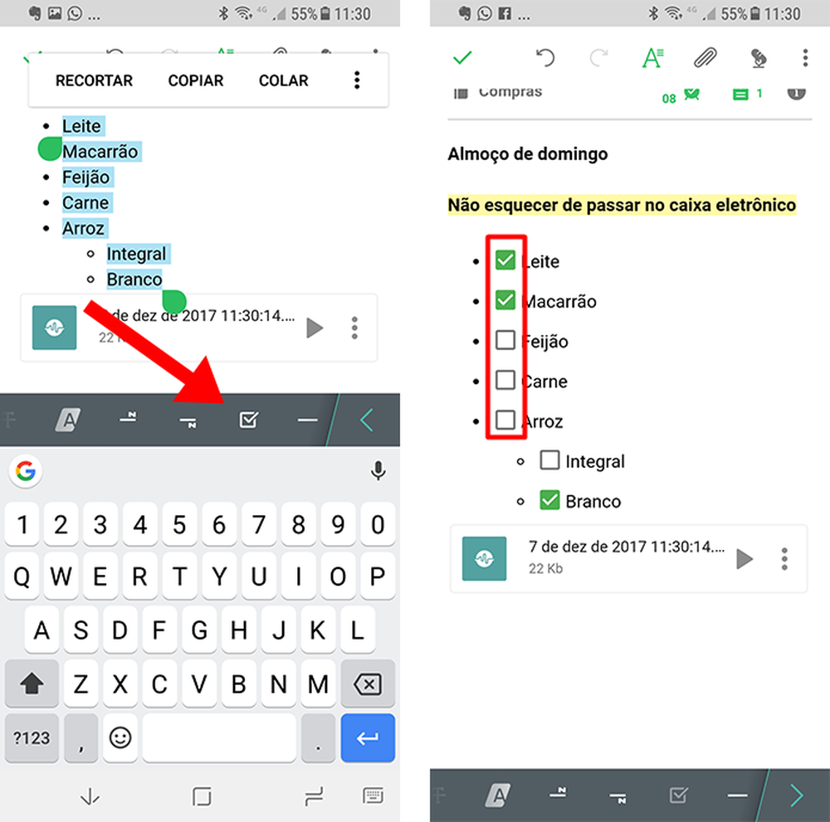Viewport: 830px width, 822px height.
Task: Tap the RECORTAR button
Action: click(94, 80)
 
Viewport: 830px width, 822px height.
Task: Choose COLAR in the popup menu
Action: click(283, 80)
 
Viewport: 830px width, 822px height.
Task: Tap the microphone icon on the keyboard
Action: click(378, 472)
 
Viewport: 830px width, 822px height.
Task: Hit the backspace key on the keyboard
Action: click(367, 684)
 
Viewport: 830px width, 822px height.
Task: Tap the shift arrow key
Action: click(32, 684)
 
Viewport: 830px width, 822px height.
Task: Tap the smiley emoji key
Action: click(121, 737)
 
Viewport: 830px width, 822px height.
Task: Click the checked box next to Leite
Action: click(505, 260)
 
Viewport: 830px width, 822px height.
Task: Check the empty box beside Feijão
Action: click(505, 341)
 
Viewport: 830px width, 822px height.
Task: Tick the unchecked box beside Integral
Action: click(549, 460)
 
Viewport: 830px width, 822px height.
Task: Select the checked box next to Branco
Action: click(549, 500)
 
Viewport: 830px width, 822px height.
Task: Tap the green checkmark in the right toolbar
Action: click(462, 57)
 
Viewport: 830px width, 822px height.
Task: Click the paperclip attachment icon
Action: click(705, 57)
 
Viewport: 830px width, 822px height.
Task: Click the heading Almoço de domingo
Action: click(527, 154)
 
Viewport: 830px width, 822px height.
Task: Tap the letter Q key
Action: click(22, 576)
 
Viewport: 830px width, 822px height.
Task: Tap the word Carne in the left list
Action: click(85, 202)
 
